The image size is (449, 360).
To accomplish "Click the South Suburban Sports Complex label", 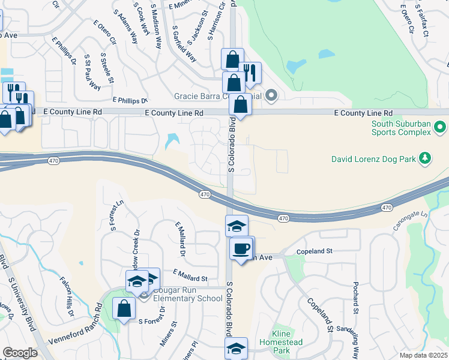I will [400, 128].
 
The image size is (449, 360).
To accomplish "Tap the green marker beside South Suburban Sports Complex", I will [440, 128].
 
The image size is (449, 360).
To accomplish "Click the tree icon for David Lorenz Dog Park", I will [426, 158].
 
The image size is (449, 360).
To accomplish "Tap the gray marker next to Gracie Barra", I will [271, 95].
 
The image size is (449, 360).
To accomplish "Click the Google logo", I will [20, 353].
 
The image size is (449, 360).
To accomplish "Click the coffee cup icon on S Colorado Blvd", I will [242, 248].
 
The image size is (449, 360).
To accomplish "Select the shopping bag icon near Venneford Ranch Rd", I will [124, 309].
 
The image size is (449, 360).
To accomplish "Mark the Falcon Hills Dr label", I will [67, 296].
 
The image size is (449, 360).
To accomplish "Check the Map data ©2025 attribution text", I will [424, 355].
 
